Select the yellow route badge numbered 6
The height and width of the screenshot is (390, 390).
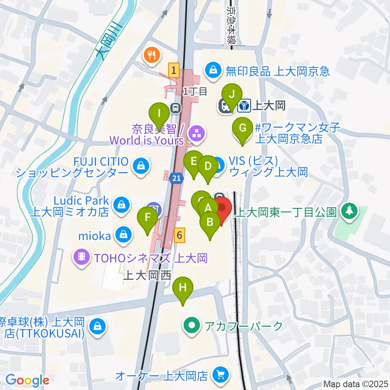tap(180, 235)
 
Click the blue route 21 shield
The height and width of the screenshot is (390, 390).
tap(176, 178)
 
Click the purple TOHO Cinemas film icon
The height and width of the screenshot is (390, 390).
tap(82, 256)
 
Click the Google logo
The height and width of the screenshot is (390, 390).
tap(27, 380)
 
